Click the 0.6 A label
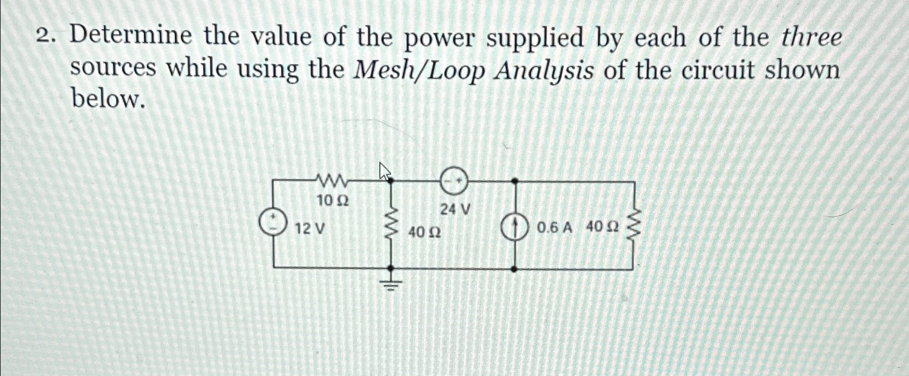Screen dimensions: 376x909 tap(554, 228)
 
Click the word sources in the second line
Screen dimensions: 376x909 tap(114, 69)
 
